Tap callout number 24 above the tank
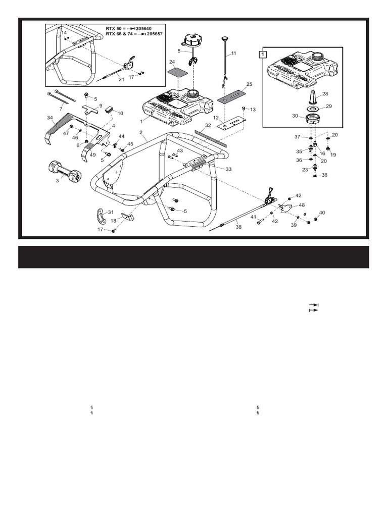[x=171, y=62]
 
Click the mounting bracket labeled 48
[x=285, y=208]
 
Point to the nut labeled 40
[x=316, y=219]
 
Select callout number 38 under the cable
[x=238, y=227]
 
